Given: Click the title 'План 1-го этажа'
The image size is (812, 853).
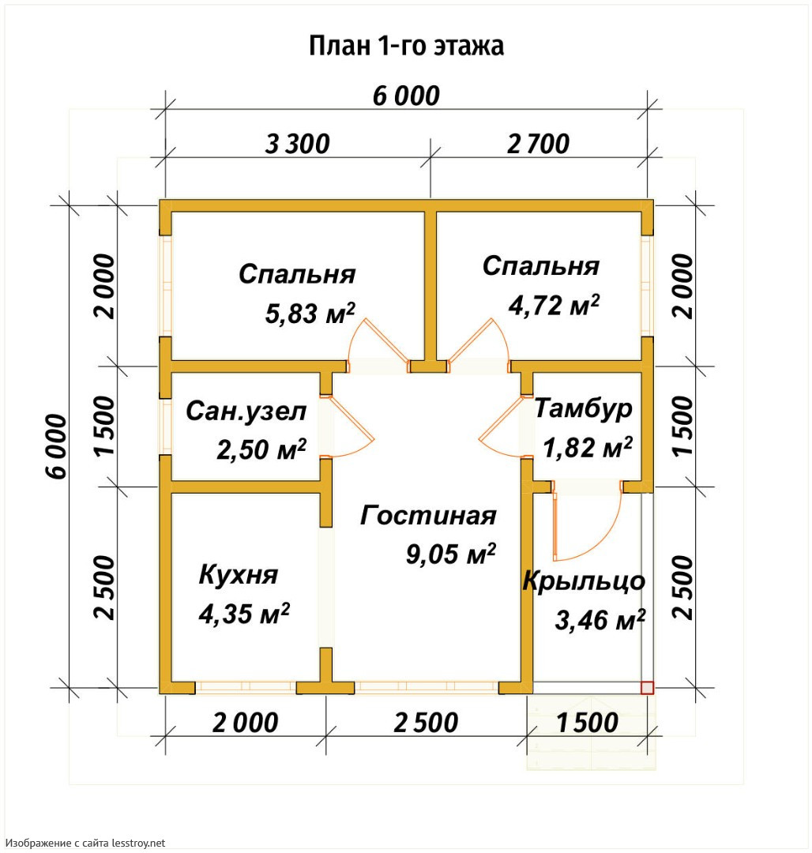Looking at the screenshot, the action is [x=406, y=47].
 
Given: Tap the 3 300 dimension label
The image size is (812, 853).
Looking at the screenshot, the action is [x=298, y=145].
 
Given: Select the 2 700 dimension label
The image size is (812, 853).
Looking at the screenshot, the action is [x=539, y=145].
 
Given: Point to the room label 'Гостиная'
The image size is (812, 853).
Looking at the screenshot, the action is [x=428, y=515].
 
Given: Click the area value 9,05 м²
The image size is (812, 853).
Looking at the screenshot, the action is [x=451, y=554].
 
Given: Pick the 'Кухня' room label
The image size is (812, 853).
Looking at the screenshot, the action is [x=239, y=574].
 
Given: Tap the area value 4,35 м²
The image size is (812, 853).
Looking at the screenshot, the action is [x=243, y=614].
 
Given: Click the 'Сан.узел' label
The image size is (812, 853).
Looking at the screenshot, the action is [x=246, y=411].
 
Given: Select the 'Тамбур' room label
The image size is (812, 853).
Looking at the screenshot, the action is [x=583, y=409].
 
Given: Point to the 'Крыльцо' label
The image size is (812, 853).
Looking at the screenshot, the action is [x=584, y=581].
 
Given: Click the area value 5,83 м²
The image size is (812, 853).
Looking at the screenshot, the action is [x=310, y=314].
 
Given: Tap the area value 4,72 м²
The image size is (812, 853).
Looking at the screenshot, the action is [x=554, y=305].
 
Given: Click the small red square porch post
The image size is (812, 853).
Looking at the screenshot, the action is [x=647, y=688].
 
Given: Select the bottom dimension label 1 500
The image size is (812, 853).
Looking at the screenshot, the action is [x=588, y=723].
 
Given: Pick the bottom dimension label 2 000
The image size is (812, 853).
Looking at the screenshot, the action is [x=246, y=723].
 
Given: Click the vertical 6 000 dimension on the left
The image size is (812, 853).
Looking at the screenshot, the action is [x=57, y=446].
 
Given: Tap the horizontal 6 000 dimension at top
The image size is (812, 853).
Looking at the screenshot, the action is [x=406, y=96].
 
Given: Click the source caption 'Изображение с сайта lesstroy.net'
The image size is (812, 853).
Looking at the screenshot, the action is [x=85, y=844].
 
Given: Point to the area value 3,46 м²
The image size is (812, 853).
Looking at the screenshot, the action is [x=600, y=620].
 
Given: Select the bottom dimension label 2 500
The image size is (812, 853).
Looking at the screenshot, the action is [x=426, y=723].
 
